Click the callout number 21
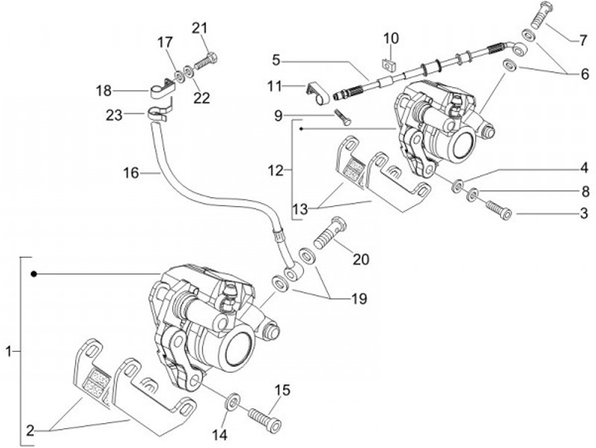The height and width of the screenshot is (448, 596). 199,29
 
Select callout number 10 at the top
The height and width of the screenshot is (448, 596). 391,37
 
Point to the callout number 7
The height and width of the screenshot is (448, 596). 583,39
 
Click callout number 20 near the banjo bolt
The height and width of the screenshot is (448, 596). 360,258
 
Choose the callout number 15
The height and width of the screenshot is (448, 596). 282,389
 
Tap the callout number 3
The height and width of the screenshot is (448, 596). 583,214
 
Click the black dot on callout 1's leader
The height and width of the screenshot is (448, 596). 32,273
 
